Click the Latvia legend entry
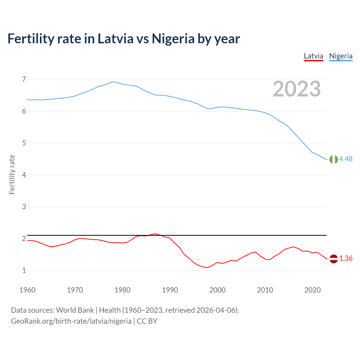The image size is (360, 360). pyautogui.click(x=314, y=56)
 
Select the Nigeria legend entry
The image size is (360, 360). pyautogui.click(x=341, y=56)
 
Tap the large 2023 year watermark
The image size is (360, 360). pyautogui.click(x=297, y=89)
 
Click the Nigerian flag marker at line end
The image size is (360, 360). pyautogui.click(x=333, y=159)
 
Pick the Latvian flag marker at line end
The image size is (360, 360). pyautogui.click(x=333, y=259)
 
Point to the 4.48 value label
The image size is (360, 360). pyautogui.click(x=346, y=159)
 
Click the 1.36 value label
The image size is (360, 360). pyautogui.click(x=346, y=258)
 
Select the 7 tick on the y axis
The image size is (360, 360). pyautogui.click(x=24, y=80)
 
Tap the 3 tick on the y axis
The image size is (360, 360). pyautogui.click(x=24, y=207)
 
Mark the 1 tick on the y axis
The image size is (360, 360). pyautogui.click(x=24, y=271)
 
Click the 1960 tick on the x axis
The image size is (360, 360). pyautogui.click(x=27, y=290)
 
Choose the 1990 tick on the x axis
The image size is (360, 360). pyautogui.click(x=170, y=290)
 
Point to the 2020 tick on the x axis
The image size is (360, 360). pyautogui.click(x=312, y=290)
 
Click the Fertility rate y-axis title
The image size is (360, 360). pyautogui.click(x=12, y=175)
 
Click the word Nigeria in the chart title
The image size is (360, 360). pyautogui.click(x=173, y=39)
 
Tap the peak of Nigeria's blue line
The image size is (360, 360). pyautogui.click(x=113, y=82)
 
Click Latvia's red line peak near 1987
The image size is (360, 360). pyautogui.click(x=156, y=234)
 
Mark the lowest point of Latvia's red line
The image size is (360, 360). pyautogui.click(x=208, y=267)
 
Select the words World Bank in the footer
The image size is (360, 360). pyautogui.click(x=75, y=310)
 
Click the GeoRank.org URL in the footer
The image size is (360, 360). pyautogui.click(x=71, y=321)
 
